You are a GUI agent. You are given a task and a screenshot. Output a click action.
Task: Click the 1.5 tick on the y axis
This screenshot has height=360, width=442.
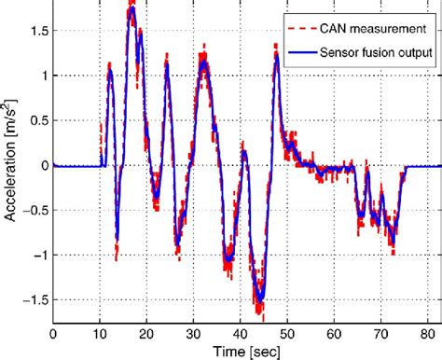point(36,31)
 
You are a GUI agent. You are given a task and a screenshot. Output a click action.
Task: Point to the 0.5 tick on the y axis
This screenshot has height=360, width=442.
point(36,120)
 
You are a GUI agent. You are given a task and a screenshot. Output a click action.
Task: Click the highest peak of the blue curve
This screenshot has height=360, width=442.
point(132,11)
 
